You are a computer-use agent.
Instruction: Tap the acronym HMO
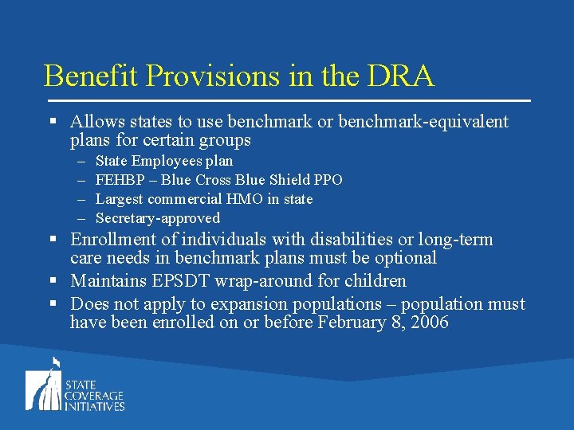(x=243, y=199)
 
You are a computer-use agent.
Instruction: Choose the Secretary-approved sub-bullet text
(x=158, y=218)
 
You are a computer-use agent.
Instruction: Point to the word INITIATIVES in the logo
(x=95, y=406)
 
